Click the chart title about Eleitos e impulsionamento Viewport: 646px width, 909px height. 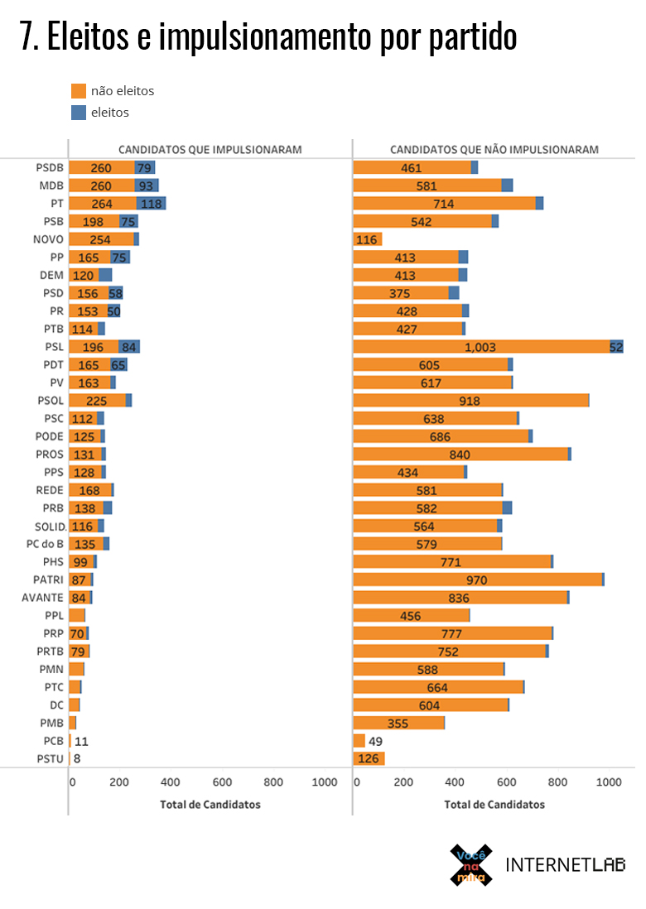coord(268,37)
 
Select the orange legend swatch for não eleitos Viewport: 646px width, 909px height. coord(79,91)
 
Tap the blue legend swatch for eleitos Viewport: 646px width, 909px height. coord(79,113)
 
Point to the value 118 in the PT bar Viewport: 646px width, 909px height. coord(151,204)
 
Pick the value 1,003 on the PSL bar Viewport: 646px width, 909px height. coord(480,347)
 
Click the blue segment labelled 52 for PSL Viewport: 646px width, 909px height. coord(616,347)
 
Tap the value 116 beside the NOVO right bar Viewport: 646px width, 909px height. coord(366,239)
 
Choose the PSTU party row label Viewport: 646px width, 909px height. coord(50,758)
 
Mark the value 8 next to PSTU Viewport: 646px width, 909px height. coord(77,758)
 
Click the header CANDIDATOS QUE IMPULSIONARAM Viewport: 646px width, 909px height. coord(210,150)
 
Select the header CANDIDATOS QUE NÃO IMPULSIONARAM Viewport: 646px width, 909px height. coord(494,150)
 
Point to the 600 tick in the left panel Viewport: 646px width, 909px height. coord(222,782)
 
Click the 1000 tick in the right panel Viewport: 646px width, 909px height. coord(609,782)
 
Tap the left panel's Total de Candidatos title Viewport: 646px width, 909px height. coord(210,804)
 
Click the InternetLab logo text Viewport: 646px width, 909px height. coord(565,865)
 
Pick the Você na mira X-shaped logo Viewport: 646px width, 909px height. coord(470,864)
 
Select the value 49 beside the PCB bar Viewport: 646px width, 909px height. coord(375,741)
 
